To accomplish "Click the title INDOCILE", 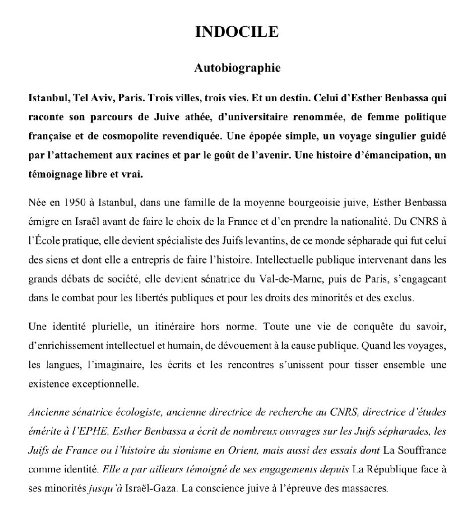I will pyautogui.click(x=237, y=32).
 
